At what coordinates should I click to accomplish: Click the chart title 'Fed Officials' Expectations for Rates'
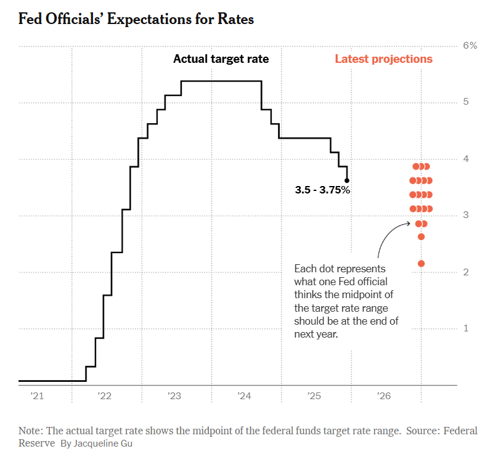point(136,19)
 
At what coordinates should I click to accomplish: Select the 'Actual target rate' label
point(221,59)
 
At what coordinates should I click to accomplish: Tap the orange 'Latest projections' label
point(383,59)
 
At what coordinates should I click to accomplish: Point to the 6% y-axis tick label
point(470,46)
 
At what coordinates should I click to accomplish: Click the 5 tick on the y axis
point(466,102)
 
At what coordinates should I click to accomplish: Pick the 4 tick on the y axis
point(466,158)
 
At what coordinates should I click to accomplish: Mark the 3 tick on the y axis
point(466,215)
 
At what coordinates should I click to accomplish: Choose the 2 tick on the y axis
point(466,272)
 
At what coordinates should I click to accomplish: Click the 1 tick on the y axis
point(466,328)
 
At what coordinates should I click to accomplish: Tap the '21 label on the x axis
point(37,397)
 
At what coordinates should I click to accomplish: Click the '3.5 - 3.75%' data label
point(322,190)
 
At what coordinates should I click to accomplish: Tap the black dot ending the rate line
point(347,180)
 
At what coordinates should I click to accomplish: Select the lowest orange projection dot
point(422,264)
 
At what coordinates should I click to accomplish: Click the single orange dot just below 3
point(422,237)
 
